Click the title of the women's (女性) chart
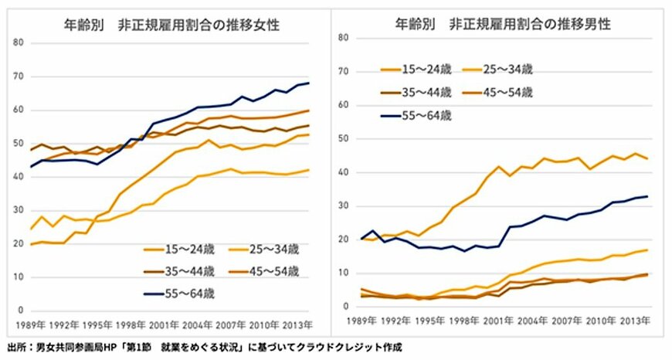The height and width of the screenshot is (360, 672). click(171, 25)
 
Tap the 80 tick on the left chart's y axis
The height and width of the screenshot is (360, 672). click(18, 42)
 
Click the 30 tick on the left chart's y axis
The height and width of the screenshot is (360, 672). click(18, 210)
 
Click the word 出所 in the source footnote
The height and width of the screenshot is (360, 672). click(16, 348)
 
